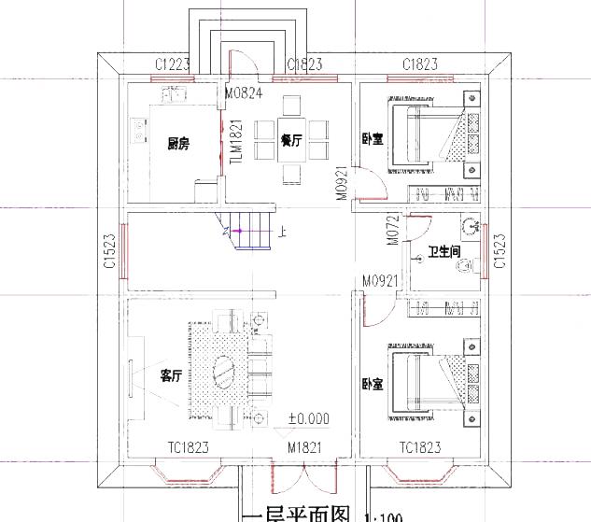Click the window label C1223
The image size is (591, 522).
173,63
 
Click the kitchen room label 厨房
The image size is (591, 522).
177,143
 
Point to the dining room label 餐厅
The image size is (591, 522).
290,140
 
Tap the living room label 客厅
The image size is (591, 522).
170,376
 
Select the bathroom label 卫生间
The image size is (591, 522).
444,252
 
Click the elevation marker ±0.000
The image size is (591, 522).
308,418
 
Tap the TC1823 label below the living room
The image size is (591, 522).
187,448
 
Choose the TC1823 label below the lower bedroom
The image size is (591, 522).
420,448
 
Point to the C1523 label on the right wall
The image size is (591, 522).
499,252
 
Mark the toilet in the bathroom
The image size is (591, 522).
462,267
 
